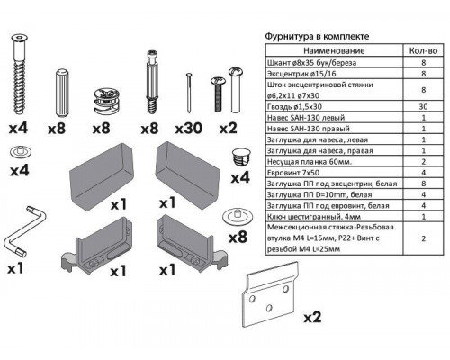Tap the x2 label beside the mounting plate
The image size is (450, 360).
click(313, 318)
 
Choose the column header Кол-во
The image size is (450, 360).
click(423, 53)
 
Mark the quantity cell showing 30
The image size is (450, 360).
click(423, 105)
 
